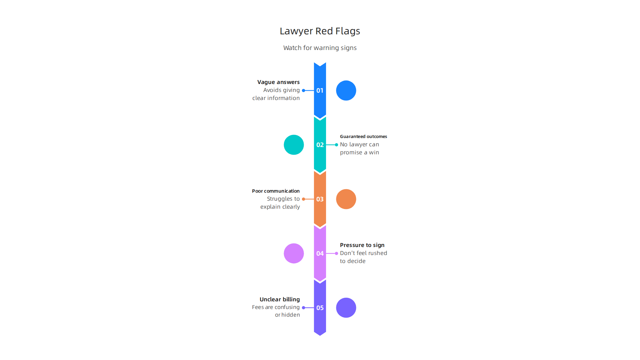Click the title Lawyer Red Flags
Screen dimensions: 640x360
pyautogui.click(x=320, y=31)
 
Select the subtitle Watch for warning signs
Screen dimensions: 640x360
pyautogui.click(x=320, y=48)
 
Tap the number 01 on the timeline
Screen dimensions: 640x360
pyautogui.click(x=320, y=91)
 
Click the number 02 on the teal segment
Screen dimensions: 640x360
pyautogui.click(x=320, y=145)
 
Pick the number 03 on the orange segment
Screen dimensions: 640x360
pyautogui.click(x=320, y=199)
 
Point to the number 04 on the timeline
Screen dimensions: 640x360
pyautogui.click(x=320, y=254)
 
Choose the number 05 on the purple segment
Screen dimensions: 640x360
pyautogui.click(x=320, y=308)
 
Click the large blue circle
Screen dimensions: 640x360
pyautogui.click(x=346, y=91)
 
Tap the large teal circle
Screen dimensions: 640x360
pyautogui.click(x=294, y=145)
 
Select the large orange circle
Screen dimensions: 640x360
pyautogui.click(x=346, y=199)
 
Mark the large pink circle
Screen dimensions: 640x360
pyautogui.click(x=294, y=254)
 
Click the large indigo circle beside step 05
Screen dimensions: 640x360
pyautogui.click(x=346, y=308)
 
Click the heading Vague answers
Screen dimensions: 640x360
pyautogui.click(x=278, y=82)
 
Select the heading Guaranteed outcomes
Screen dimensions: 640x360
pyautogui.click(x=363, y=137)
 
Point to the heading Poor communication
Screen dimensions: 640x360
pyautogui.click(x=276, y=191)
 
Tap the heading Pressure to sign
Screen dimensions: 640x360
pyautogui.click(x=362, y=245)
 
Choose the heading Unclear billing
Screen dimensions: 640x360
pyautogui.click(x=280, y=300)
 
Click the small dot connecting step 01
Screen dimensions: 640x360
pyautogui.click(x=303, y=91)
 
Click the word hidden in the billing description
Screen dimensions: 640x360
pyautogui.click(x=291, y=315)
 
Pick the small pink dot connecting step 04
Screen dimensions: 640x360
pyautogui.click(x=336, y=254)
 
